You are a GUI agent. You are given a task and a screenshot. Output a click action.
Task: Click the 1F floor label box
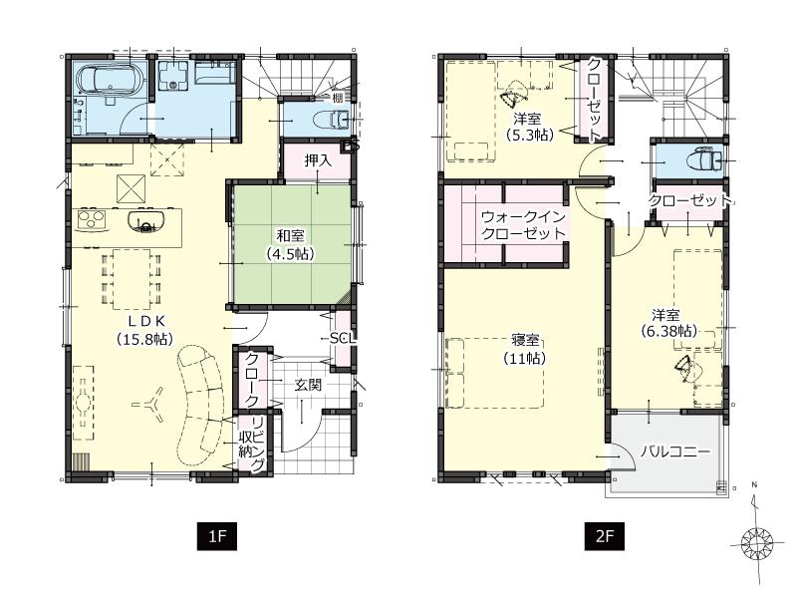[217, 536]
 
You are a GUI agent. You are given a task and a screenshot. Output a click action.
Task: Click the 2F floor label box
[604, 536]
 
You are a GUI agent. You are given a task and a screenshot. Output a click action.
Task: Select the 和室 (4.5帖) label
[289, 244]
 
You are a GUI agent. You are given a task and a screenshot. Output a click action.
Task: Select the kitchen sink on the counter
[145, 221]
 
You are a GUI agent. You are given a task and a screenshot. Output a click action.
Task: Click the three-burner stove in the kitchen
[92, 218]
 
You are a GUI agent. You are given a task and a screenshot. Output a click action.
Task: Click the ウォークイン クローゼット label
[523, 224]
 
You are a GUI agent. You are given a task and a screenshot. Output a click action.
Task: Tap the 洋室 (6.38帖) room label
[667, 321]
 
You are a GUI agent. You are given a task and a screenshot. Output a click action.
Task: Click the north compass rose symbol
[759, 543]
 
